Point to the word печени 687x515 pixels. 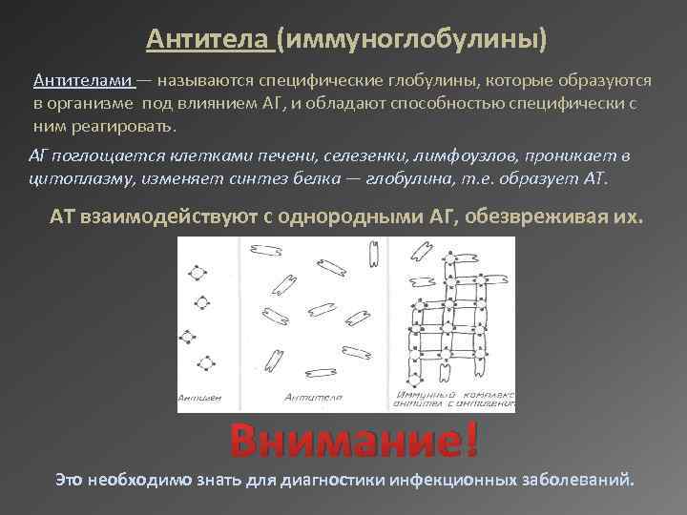(292, 155)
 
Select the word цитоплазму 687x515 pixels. (77, 177)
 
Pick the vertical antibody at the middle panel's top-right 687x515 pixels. (375, 253)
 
